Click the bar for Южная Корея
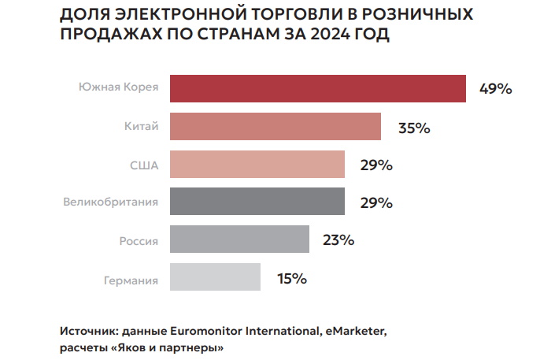tap(317, 88)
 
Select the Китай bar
tap(276, 126)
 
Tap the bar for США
tap(257, 164)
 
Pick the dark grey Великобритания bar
tap(257, 202)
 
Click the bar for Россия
tap(239, 239)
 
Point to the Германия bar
tap(215, 277)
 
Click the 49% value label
tap(496, 89)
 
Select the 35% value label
tap(413, 127)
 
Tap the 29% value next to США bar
tap(376, 165)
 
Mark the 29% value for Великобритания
tap(376, 202)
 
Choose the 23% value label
tap(338, 240)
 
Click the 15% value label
tap(291, 278)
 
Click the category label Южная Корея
tap(118, 87)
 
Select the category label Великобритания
tap(111, 202)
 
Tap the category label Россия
tap(138, 241)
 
